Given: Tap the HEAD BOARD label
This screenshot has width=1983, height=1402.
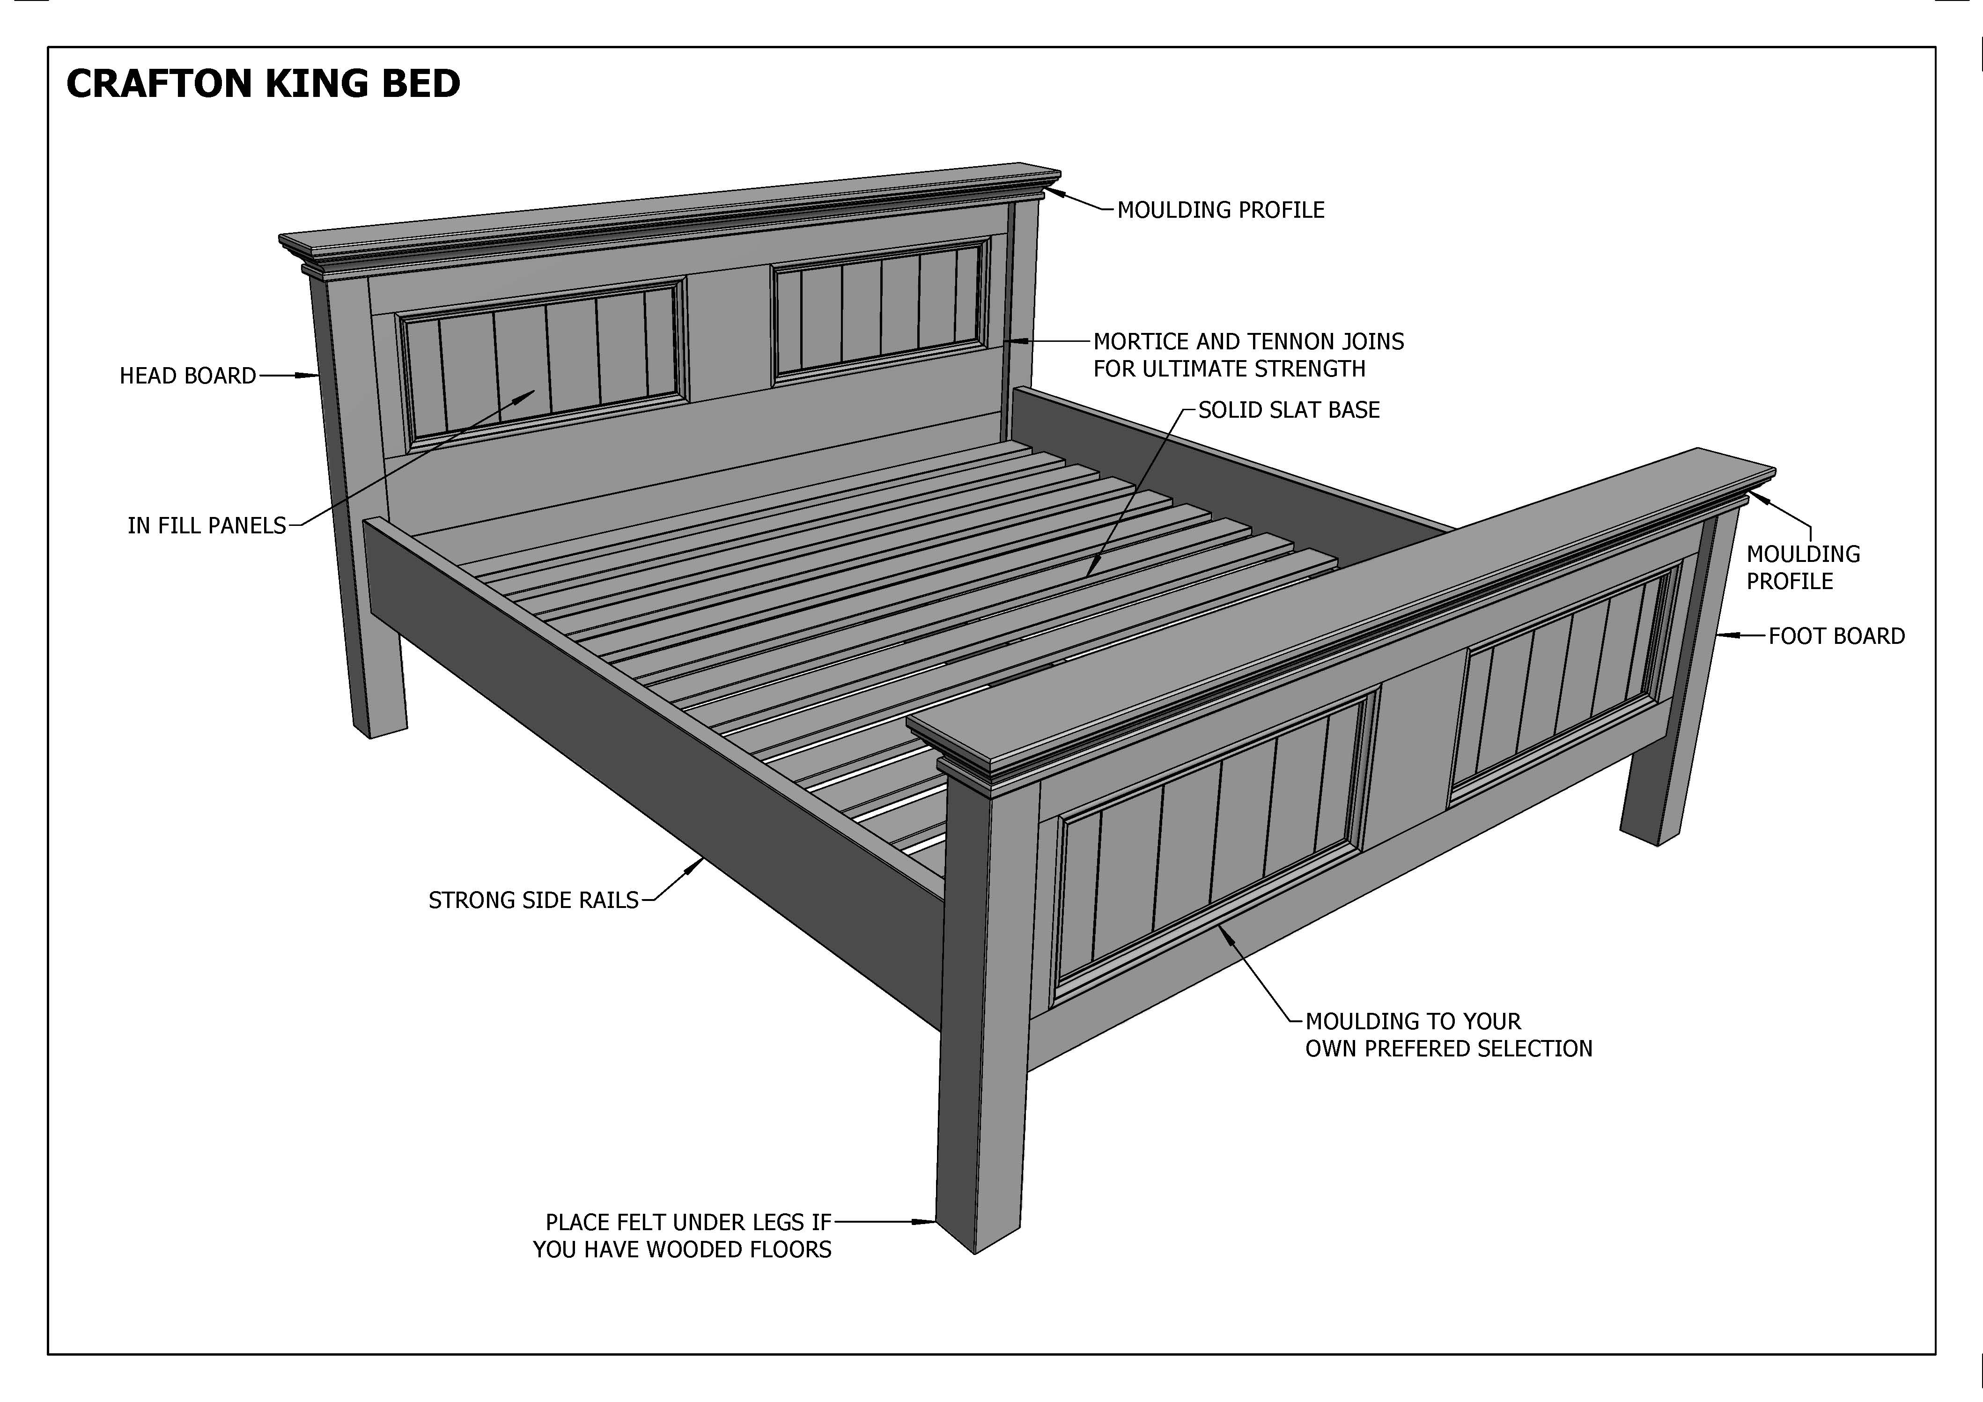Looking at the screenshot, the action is click(187, 376).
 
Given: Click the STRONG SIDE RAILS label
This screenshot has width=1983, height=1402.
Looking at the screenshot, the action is click(533, 900).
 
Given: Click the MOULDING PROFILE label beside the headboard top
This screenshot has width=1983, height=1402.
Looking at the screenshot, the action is click(1220, 210).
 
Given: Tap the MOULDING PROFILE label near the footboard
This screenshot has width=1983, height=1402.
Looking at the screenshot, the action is click(1802, 568).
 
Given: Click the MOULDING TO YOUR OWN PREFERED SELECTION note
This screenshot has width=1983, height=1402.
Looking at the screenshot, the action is click(1448, 1035).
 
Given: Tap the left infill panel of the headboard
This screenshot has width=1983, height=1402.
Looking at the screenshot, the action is click(542, 363).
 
